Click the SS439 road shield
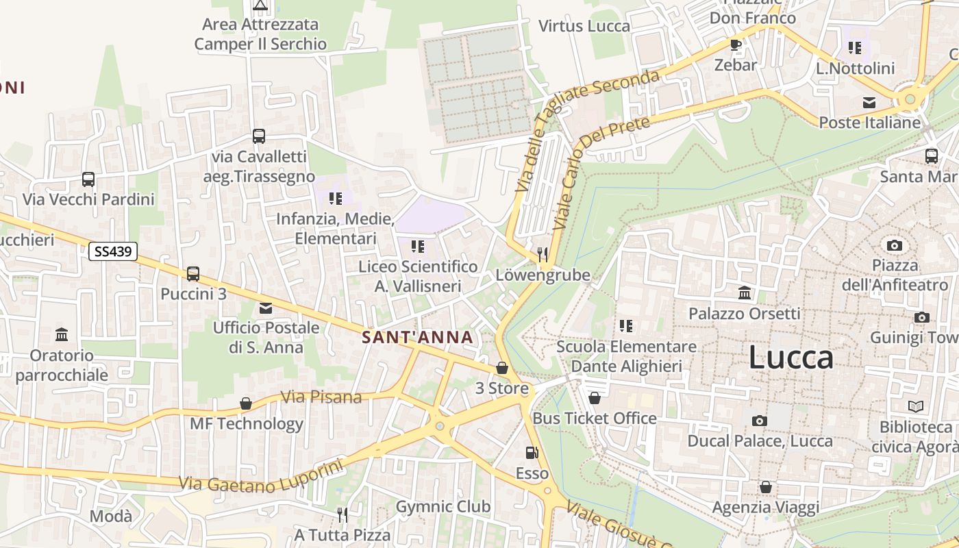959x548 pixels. click(x=113, y=251)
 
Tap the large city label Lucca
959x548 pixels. click(x=790, y=358)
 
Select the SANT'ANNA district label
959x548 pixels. click(x=417, y=337)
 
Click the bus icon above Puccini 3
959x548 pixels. click(x=193, y=274)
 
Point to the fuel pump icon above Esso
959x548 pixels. click(x=532, y=453)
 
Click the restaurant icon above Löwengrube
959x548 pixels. click(x=543, y=255)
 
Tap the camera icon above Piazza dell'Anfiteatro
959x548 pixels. click(x=894, y=245)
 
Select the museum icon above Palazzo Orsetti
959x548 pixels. click(x=745, y=293)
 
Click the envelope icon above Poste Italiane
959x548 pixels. click(x=869, y=103)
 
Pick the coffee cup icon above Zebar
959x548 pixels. click(x=736, y=45)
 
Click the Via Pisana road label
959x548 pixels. click(x=321, y=397)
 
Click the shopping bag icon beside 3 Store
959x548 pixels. click(x=502, y=368)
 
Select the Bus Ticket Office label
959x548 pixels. click(x=595, y=418)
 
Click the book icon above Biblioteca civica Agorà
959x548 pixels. click(x=916, y=406)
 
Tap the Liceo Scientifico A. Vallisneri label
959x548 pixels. click(x=418, y=276)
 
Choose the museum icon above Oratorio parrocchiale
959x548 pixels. click(x=62, y=334)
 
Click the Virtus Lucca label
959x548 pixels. click(x=584, y=26)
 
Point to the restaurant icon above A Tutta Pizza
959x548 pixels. click(x=342, y=514)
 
